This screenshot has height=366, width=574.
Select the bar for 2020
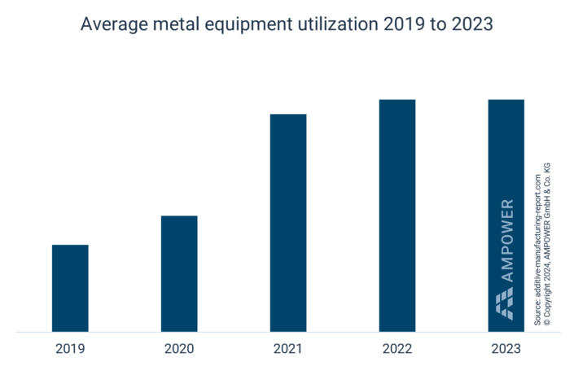(179, 273)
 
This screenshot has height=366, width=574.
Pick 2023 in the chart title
(471, 25)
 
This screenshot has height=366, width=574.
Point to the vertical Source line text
(537, 248)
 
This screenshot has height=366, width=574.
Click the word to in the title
(434, 25)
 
